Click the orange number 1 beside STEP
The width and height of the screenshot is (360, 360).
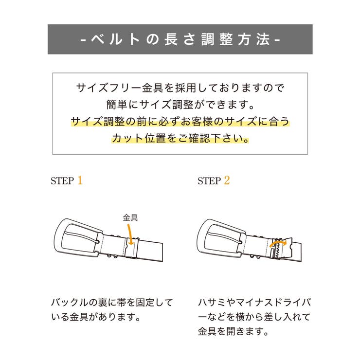(x=80, y=180)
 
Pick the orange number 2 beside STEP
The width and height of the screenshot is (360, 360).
(x=227, y=180)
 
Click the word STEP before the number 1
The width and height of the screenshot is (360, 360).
(x=62, y=181)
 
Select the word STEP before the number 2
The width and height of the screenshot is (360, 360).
(x=209, y=181)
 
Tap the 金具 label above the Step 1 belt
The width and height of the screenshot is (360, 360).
(x=130, y=217)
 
